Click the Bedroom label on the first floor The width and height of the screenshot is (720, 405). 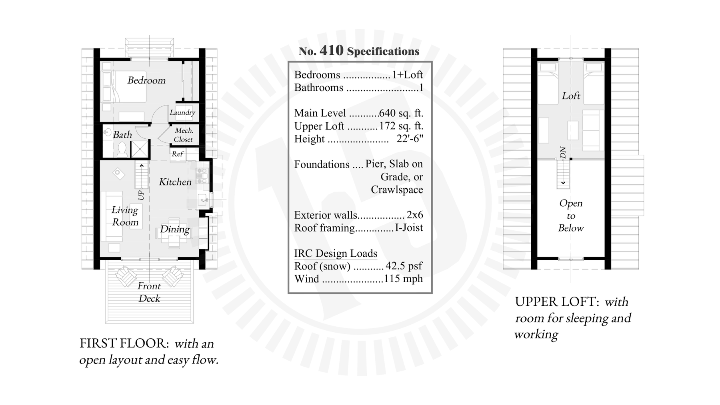(x=146, y=80)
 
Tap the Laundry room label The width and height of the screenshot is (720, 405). (x=182, y=112)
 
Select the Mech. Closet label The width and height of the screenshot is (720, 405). (x=183, y=135)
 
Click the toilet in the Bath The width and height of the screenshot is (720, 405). (x=122, y=150)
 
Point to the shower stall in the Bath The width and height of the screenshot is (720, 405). (x=140, y=149)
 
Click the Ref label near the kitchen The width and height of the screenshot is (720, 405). (x=177, y=154)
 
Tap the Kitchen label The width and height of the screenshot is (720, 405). (x=175, y=182)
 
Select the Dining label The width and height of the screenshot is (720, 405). (x=174, y=229)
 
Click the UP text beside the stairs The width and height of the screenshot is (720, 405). (x=141, y=195)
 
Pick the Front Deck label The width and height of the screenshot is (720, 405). (x=149, y=292)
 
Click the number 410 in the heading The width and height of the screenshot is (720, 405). (x=331, y=50)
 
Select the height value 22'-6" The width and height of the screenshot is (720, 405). (x=410, y=139)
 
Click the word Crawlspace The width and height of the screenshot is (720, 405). (x=396, y=190)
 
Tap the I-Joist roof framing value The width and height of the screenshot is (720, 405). (x=409, y=228)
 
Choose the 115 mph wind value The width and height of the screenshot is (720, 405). (x=403, y=279)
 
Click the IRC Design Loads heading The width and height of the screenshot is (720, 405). (x=336, y=253)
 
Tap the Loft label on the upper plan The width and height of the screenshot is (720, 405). (x=571, y=96)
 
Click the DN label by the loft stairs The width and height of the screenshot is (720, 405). (x=563, y=152)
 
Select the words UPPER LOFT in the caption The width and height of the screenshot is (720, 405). (x=556, y=302)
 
